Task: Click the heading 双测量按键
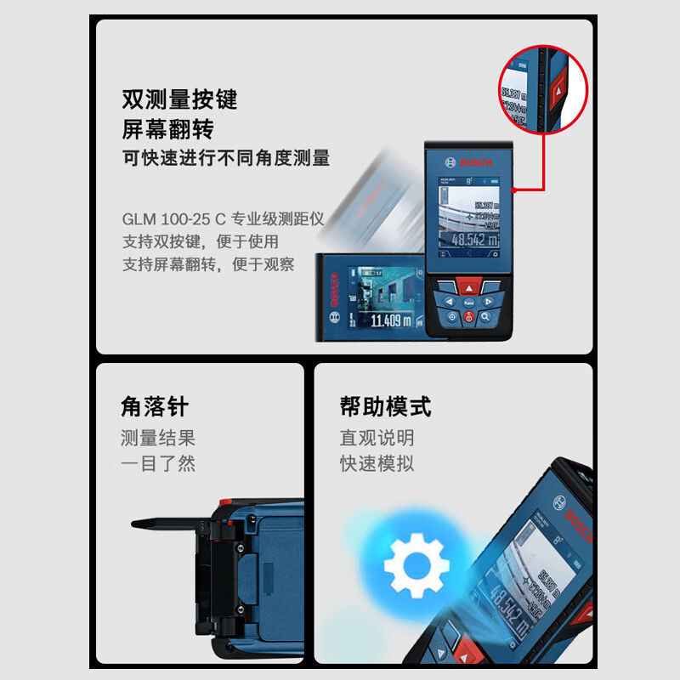pos(178,100)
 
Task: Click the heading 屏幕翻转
pos(167,129)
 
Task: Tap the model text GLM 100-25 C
pos(177,218)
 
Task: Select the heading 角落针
pos(154,407)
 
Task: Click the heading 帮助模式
pos(385,407)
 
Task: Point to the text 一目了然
pos(157,464)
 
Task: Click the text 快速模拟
pos(377,464)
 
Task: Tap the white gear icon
pos(416,564)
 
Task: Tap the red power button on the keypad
pos(468,317)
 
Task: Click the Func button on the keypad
pos(468,302)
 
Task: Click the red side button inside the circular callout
pos(558,88)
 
